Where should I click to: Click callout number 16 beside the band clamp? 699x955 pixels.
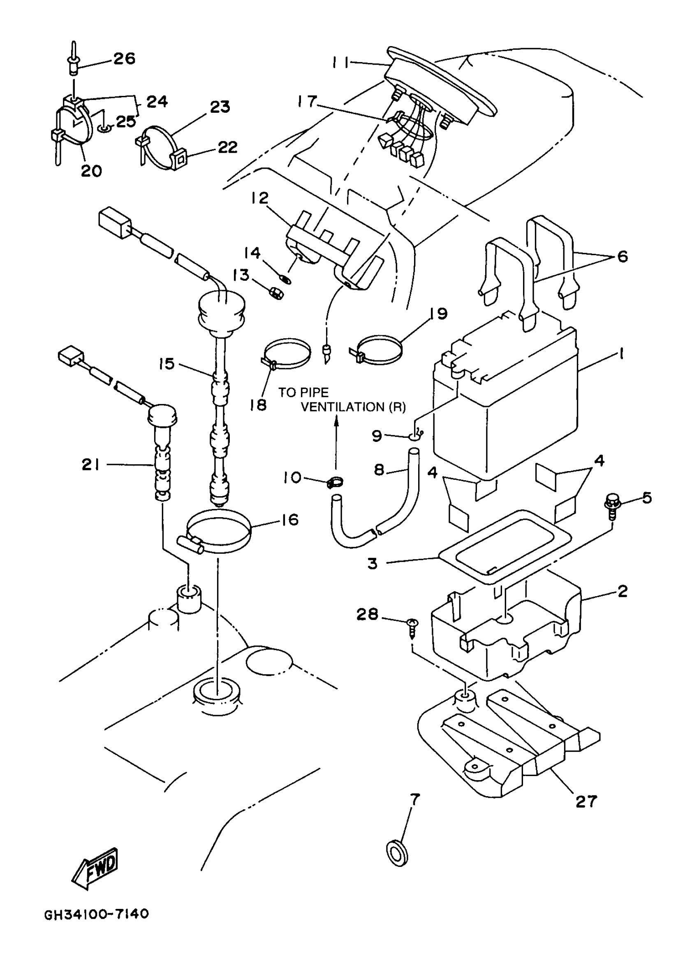(x=290, y=519)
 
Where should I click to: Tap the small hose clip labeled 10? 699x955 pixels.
(x=336, y=481)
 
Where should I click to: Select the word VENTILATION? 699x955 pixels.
(x=343, y=407)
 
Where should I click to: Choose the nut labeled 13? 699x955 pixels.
(x=275, y=292)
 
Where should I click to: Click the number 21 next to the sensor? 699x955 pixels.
(x=90, y=465)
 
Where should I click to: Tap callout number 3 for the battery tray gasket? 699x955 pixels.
(x=373, y=563)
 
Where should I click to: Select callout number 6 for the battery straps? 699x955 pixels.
(x=623, y=256)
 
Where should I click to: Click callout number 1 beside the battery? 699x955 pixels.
(x=621, y=354)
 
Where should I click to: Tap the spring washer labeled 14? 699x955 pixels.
(x=287, y=279)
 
